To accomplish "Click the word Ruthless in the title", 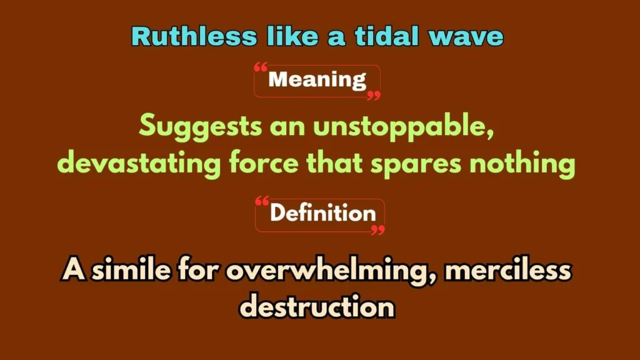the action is [x=194, y=36].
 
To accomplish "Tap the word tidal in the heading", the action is [x=387, y=36].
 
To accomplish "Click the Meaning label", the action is [x=317, y=79].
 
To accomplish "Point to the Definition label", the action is [x=323, y=212].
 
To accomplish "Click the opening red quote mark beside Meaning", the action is [x=261, y=67].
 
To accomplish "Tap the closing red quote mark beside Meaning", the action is [x=374, y=96].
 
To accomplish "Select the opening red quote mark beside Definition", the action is [x=262, y=201].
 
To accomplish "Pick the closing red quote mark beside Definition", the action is [x=378, y=230].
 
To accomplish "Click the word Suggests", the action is [x=201, y=127].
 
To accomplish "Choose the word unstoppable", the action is [x=404, y=127].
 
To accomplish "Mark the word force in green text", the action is [x=264, y=163].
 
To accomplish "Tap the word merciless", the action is [x=507, y=269].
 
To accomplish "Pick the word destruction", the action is [x=317, y=306].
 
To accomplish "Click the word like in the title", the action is [x=292, y=36].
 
